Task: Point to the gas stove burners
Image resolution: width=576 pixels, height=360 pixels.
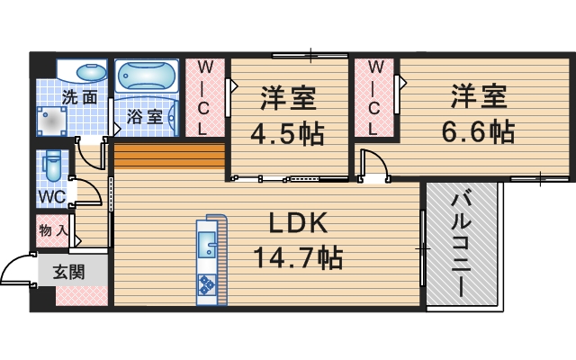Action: [206, 284]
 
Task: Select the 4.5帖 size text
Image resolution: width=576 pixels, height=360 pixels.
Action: [287, 133]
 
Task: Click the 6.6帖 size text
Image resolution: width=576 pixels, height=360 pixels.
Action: [478, 131]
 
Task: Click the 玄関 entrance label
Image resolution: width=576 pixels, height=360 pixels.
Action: [67, 272]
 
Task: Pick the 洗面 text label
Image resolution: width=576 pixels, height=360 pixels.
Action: [80, 96]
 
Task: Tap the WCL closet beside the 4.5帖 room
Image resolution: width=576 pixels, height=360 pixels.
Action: [204, 97]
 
